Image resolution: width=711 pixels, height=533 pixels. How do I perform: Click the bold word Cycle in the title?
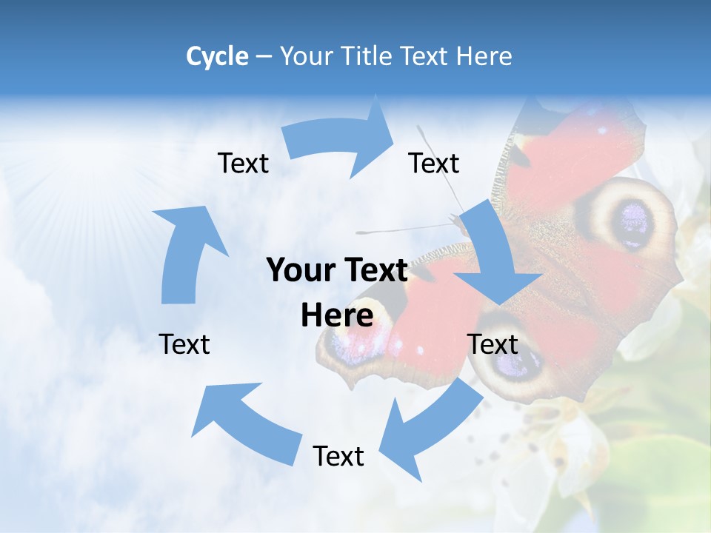[x=217, y=56]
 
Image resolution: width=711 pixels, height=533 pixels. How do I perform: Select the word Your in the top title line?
[x=306, y=56]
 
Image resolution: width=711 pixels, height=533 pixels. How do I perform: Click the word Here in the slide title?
[x=484, y=56]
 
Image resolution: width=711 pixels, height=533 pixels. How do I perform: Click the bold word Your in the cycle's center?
[x=299, y=271]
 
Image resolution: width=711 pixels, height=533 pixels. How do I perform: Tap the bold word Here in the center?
[x=337, y=316]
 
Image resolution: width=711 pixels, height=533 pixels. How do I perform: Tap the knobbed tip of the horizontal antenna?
[x=360, y=232]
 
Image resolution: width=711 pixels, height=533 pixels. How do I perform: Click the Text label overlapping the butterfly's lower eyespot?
[x=493, y=344]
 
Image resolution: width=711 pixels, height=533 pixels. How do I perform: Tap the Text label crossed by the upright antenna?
[x=434, y=163]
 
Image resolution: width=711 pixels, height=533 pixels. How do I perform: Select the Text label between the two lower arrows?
[x=338, y=456]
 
